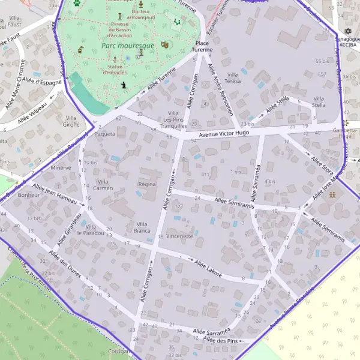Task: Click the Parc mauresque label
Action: pos(127,45)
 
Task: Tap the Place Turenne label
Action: pos(202,47)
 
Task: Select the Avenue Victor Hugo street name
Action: pos(224,133)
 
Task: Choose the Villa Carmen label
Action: pos(104,184)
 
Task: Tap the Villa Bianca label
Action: pos(142,227)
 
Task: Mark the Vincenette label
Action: pos(180,236)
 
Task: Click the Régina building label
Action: pos(147,184)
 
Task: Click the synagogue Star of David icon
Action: pos(347,31)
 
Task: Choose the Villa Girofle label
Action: pos(71,121)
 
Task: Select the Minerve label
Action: pos(61,167)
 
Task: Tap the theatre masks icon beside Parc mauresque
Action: pos(165,44)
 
